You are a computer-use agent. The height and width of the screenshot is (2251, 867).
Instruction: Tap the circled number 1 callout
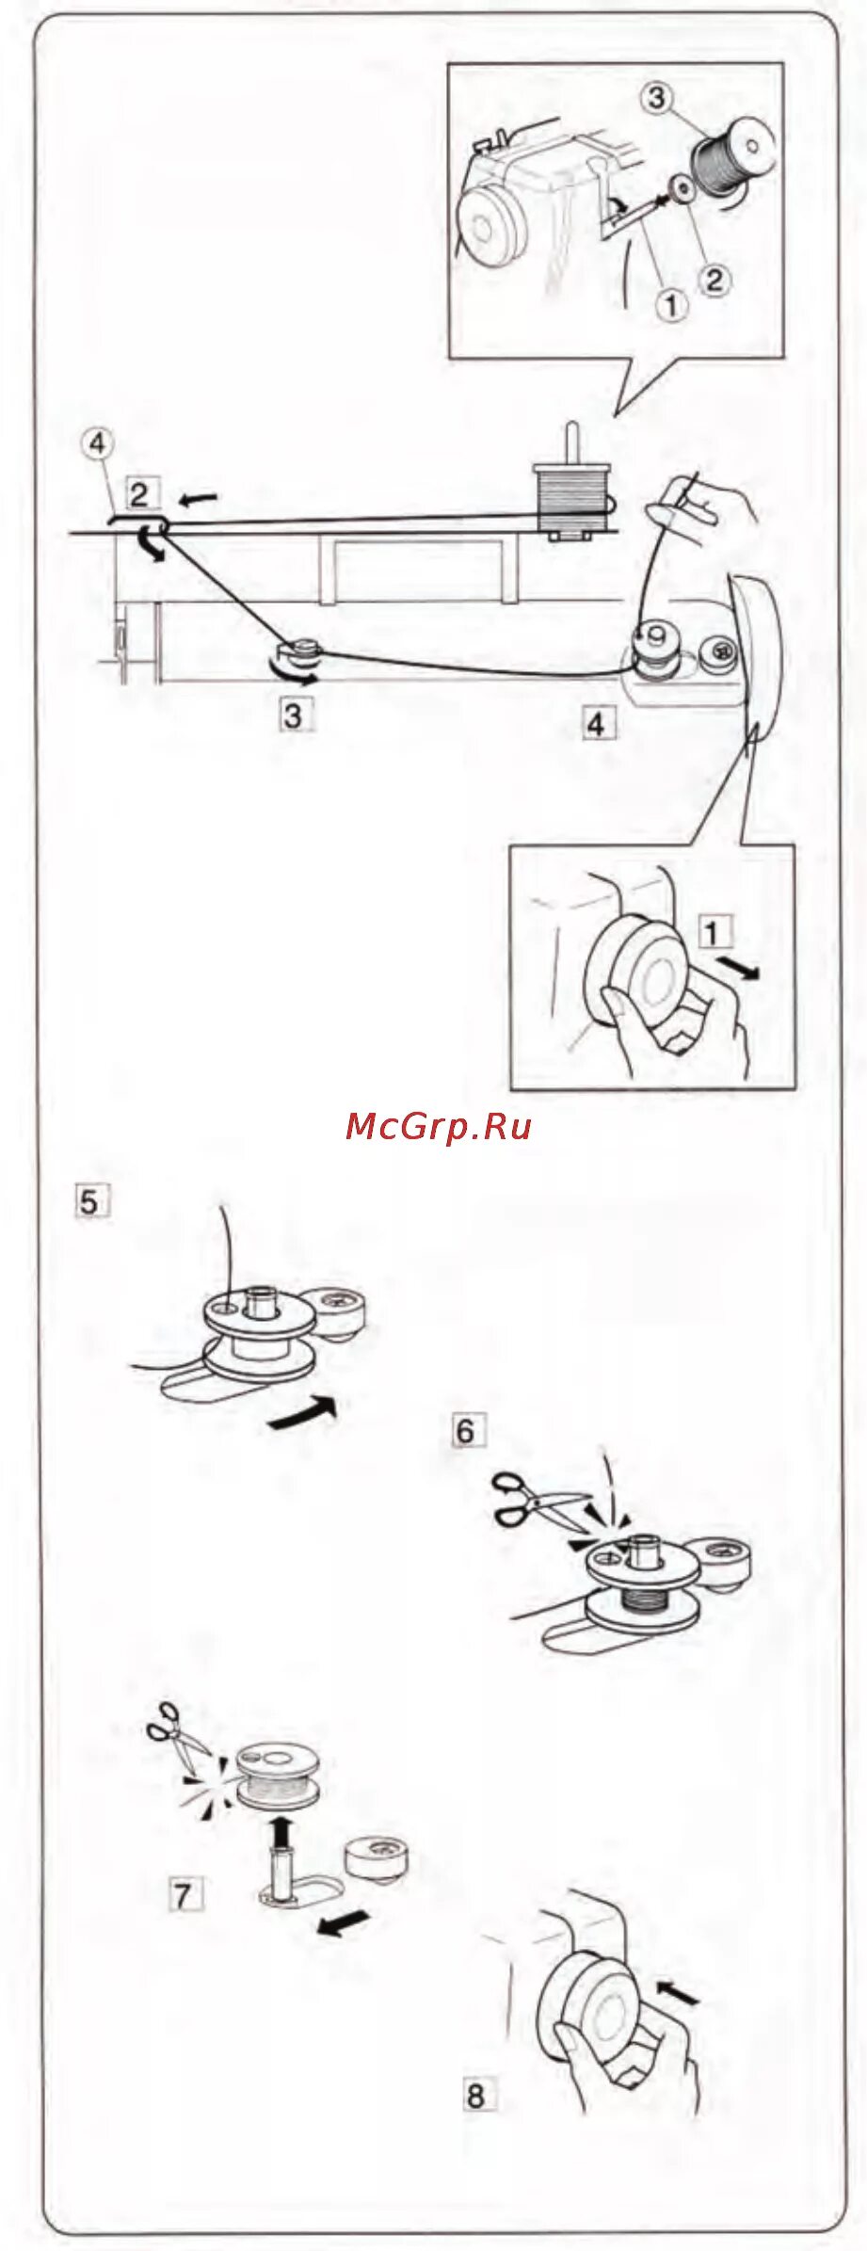coord(671,305)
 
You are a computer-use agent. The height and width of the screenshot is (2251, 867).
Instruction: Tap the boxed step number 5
coord(89,1202)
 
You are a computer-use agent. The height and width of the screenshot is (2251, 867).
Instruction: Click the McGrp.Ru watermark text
coord(439,1126)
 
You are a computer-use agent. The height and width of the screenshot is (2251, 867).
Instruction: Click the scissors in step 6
coord(535,1501)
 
